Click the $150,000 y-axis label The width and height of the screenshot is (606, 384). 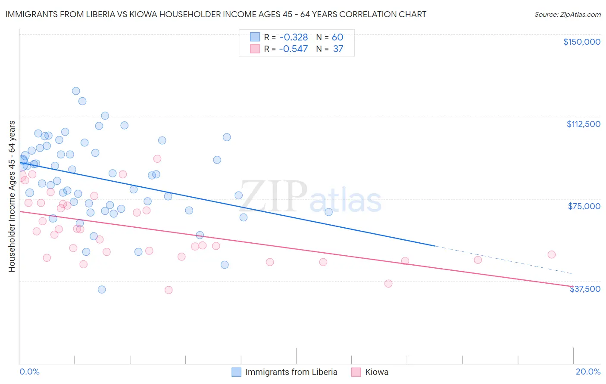(x=581, y=42)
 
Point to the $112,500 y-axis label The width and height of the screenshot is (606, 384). (x=583, y=124)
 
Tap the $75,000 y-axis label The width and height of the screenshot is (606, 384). (x=584, y=206)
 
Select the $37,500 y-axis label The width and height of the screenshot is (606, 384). (x=585, y=289)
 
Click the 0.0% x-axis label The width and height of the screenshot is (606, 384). (x=29, y=372)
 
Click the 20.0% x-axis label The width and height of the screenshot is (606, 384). (x=588, y=372)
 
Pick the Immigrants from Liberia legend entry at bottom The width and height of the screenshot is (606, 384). (x=291, y=372)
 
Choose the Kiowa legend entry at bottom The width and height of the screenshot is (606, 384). (x=376, y=372)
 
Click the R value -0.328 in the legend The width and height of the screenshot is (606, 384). (x=294, y=37)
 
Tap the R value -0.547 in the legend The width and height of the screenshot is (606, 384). (x=294, y=49)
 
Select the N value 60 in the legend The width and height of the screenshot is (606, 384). (x=337, y=37)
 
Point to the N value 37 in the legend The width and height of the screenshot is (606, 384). (x=338, y=49)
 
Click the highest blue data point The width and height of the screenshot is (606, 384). (x=76, y=91)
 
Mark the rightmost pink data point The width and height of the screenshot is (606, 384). (x=551, y=254)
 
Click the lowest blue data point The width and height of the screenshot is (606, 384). (x=102, y=289)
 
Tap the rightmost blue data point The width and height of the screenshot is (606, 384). (x=328, y=212)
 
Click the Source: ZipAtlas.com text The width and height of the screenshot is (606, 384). (x=567, y=15)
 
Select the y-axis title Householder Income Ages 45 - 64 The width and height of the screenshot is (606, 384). (x=12, y=196)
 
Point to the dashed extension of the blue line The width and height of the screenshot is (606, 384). (x=504, y=260)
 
